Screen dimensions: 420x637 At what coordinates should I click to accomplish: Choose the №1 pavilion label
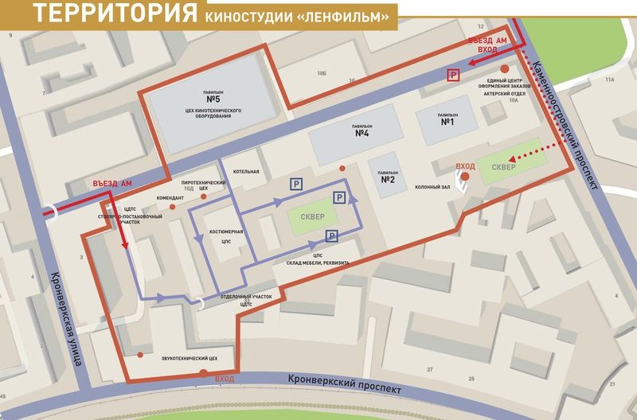point(447,122)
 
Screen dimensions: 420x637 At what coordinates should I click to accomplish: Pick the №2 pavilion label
point(388,179)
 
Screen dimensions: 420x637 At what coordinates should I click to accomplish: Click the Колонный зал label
point(433,188)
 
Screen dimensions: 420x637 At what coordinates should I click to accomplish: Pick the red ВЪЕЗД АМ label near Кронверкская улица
point(111,184)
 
